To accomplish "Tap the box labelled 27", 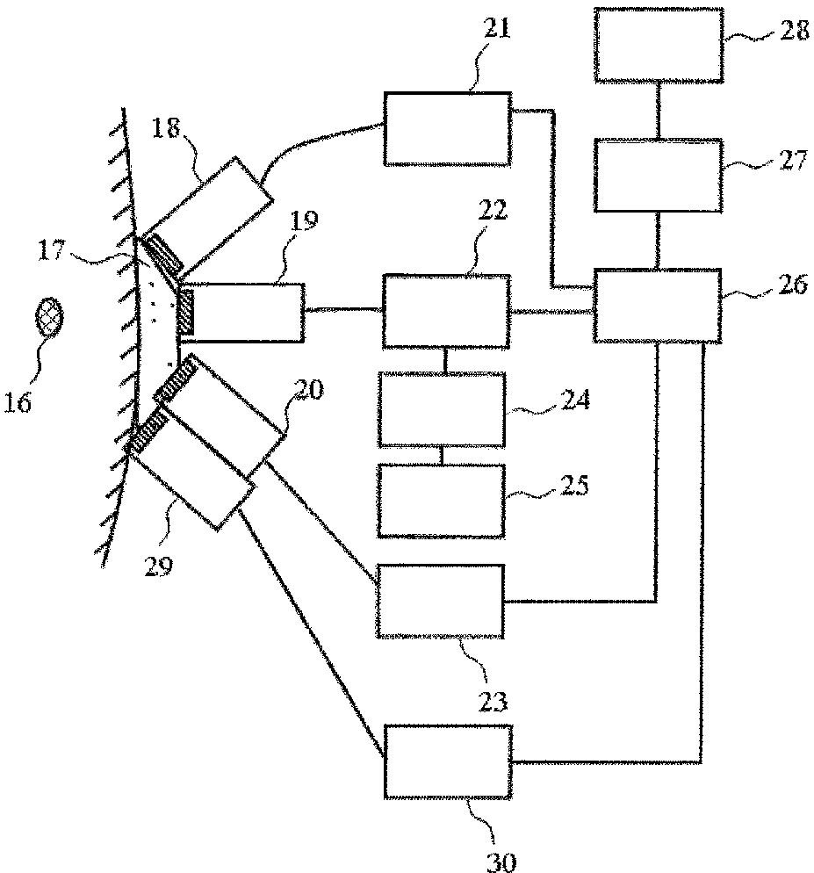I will [x=658, y=175].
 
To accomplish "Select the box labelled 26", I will [x=658, y=305].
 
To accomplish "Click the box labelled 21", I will [x=447, y=128].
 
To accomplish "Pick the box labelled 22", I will [x=446, y=311].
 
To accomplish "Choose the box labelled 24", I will [x=443, y=410].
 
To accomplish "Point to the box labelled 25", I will [x=443, y=500].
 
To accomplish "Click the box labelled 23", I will [x=440, y=602].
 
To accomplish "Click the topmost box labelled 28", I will [x=659, y=46].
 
